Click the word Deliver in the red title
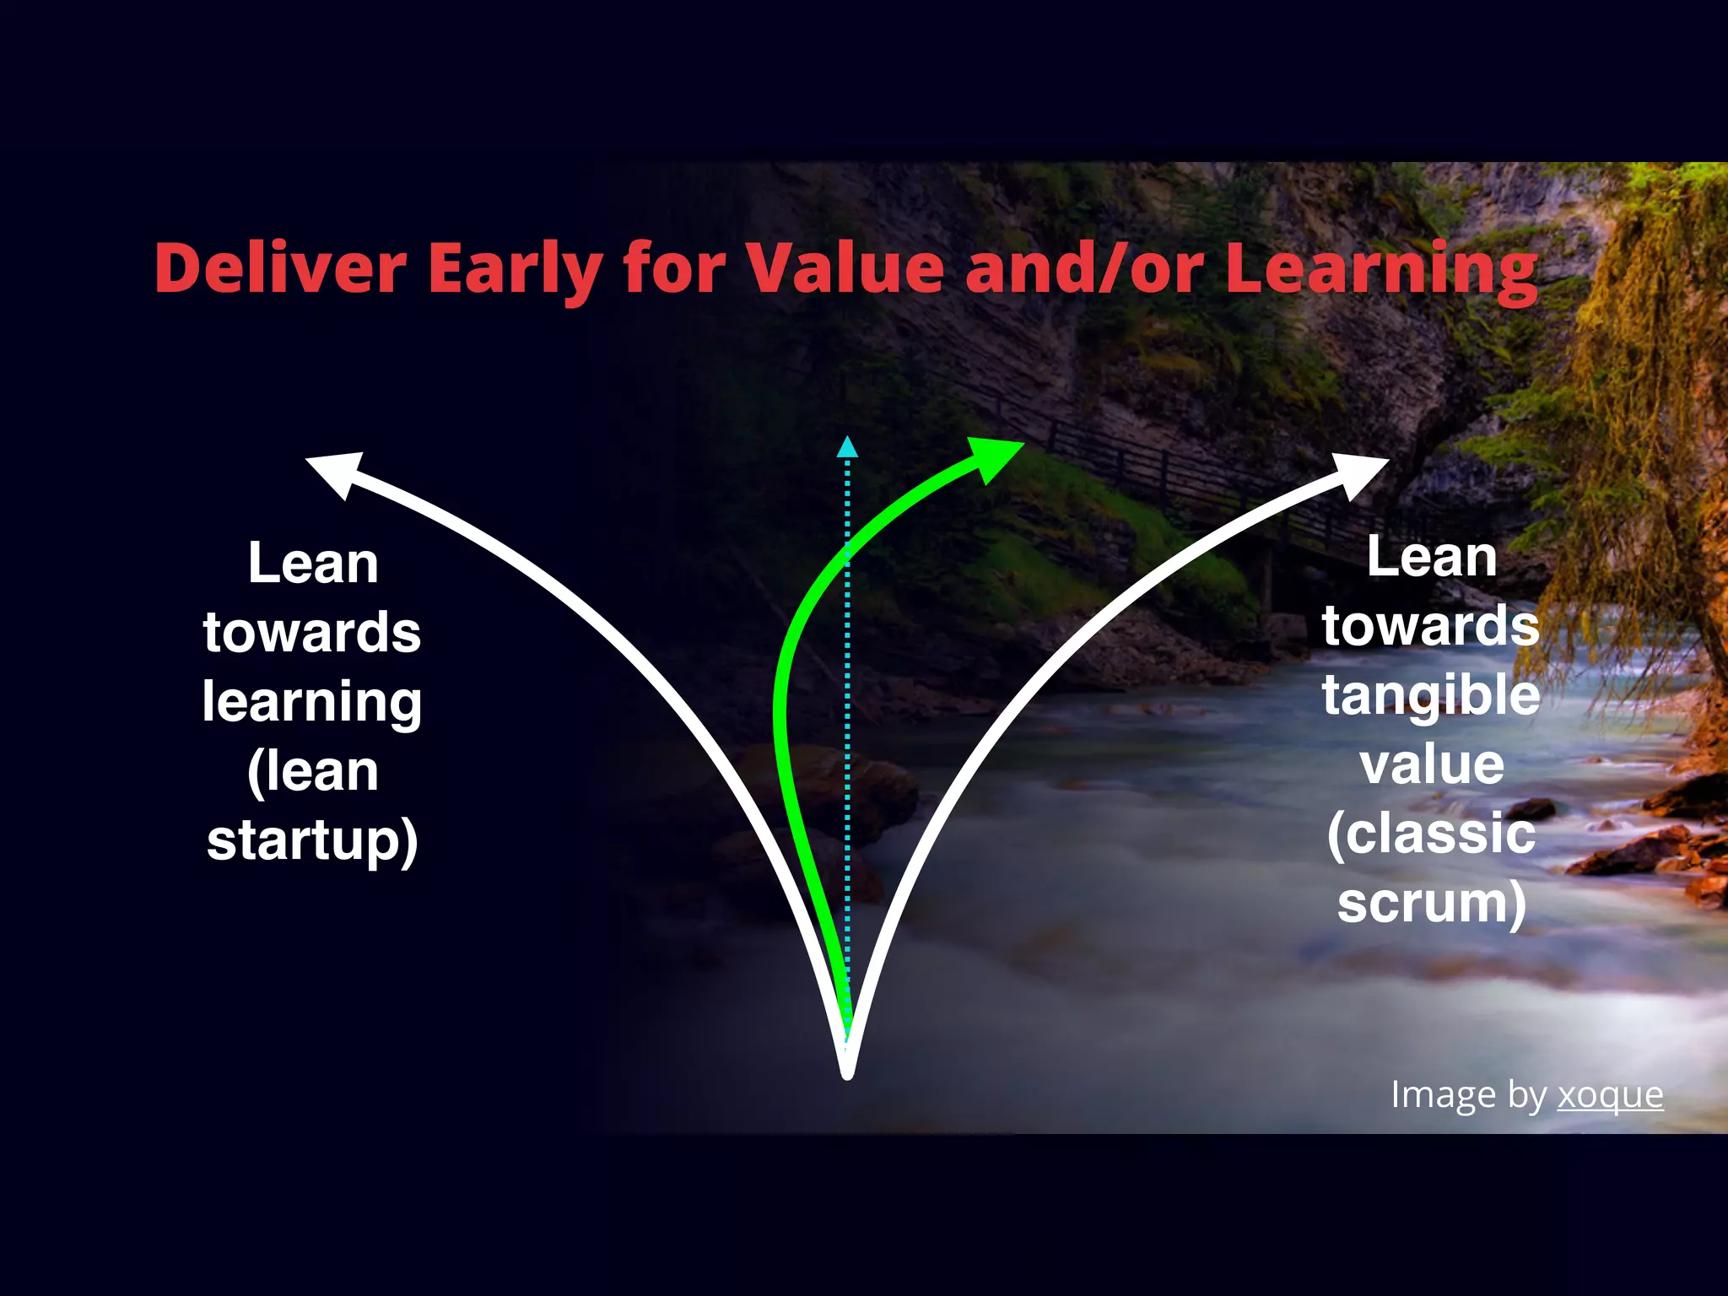coord(280,268)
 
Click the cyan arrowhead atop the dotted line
coord(847,448)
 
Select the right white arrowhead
coord(1359,474)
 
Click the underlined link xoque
coord(1610,1095)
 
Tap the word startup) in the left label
coord(312,840)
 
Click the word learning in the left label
coord(312,702)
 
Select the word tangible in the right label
coord(1431,695)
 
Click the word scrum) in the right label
coord(1432,903)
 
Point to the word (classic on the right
coord(1431,834)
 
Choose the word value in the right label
coord(1432,764)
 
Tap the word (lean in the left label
coord(312,771)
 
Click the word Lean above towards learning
coord(312,564)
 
